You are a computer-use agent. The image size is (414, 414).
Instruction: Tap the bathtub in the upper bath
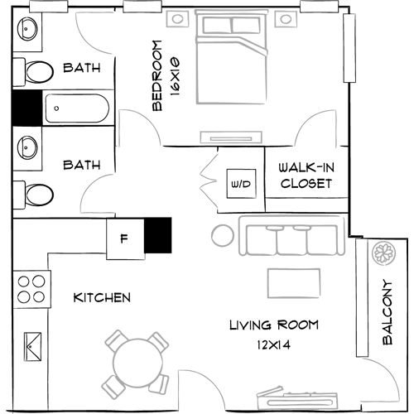click(x=76, y=108)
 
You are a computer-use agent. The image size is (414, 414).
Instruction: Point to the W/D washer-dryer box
click(x=242, y=181)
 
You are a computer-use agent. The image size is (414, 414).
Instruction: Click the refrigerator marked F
click(x=124, y=239)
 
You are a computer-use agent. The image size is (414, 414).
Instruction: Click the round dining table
click(x=136, y=362)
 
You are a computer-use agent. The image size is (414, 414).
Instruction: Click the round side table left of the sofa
click(x=223, y=236)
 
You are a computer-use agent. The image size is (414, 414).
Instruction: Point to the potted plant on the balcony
click(x=384, y=253)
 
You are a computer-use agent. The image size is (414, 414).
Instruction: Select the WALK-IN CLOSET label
click(x=306, y=175)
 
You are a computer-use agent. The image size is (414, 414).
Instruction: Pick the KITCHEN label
click(x=102, y=297)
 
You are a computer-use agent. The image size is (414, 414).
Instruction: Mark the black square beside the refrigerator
click(x=157, y=234)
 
